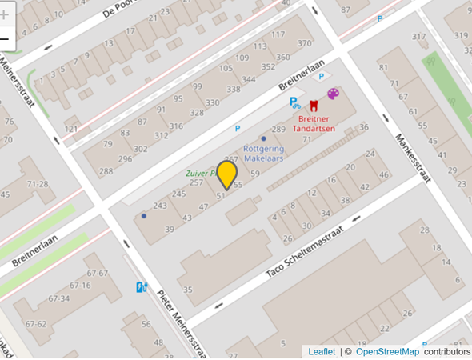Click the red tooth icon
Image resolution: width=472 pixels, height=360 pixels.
(314, 104)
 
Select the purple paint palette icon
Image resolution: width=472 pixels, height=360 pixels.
(333, 94)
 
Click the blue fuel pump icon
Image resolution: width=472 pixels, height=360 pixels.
(142, 287)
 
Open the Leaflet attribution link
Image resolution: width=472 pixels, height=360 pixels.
(322, 352)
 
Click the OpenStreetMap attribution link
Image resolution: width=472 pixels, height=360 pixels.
(387, 352)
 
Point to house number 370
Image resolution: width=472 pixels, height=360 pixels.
(304, 43)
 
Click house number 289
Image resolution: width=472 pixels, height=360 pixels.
(278, 129)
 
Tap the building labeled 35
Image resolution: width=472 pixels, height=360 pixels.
(188, 290)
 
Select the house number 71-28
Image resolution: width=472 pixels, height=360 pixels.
(38, 184)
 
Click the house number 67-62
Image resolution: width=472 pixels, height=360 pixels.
(35, 324)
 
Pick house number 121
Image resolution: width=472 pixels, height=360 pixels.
(72, 129)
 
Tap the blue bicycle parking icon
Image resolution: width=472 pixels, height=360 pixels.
(295, 102)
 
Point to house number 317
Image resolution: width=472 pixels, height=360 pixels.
(419, 37)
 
